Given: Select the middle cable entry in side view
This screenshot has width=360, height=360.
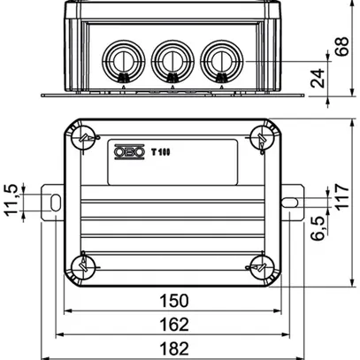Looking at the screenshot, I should point(169,61).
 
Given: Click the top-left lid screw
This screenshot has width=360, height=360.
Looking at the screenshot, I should point(84,138).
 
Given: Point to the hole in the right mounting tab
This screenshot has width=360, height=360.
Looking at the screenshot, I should point(289,202).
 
